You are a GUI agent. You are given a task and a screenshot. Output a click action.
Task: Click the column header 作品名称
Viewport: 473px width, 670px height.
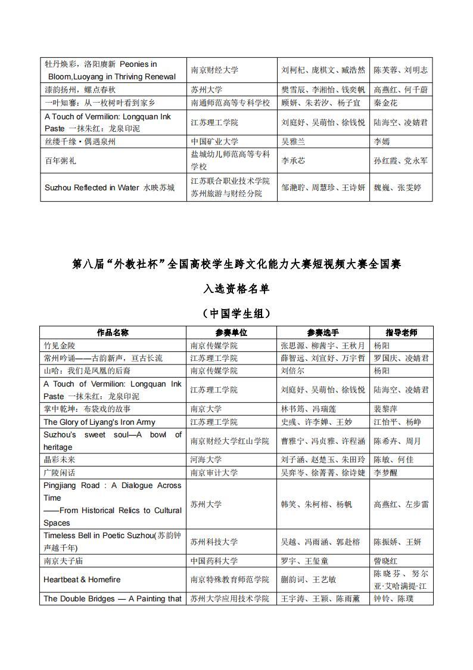[113, 333]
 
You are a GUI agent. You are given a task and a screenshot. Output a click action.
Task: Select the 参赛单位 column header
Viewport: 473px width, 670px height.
[231, 333]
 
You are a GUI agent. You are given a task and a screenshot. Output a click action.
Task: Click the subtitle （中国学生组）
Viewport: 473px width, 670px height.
[236, 313]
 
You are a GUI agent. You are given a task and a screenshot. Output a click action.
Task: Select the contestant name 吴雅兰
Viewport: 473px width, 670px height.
[293, 142]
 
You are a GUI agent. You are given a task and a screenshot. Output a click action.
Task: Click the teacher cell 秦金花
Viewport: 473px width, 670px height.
[385, 103]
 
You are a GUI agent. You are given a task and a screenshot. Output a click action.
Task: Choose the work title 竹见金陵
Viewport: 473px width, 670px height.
[60, 345]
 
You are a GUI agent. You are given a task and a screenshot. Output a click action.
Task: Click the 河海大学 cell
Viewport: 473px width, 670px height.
[206, 460]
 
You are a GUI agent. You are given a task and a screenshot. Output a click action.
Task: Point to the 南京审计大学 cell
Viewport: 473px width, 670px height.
[214, 473]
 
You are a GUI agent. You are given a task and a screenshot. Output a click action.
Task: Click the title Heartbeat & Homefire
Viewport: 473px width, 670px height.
[82, 579]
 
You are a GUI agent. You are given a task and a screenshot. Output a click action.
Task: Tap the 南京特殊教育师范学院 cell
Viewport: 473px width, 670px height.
[229, 579]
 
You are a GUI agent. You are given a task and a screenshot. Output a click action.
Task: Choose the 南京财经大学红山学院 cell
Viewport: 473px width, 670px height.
[229, 441]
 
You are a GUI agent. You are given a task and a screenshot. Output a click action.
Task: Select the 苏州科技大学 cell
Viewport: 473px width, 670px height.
[214, 542]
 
